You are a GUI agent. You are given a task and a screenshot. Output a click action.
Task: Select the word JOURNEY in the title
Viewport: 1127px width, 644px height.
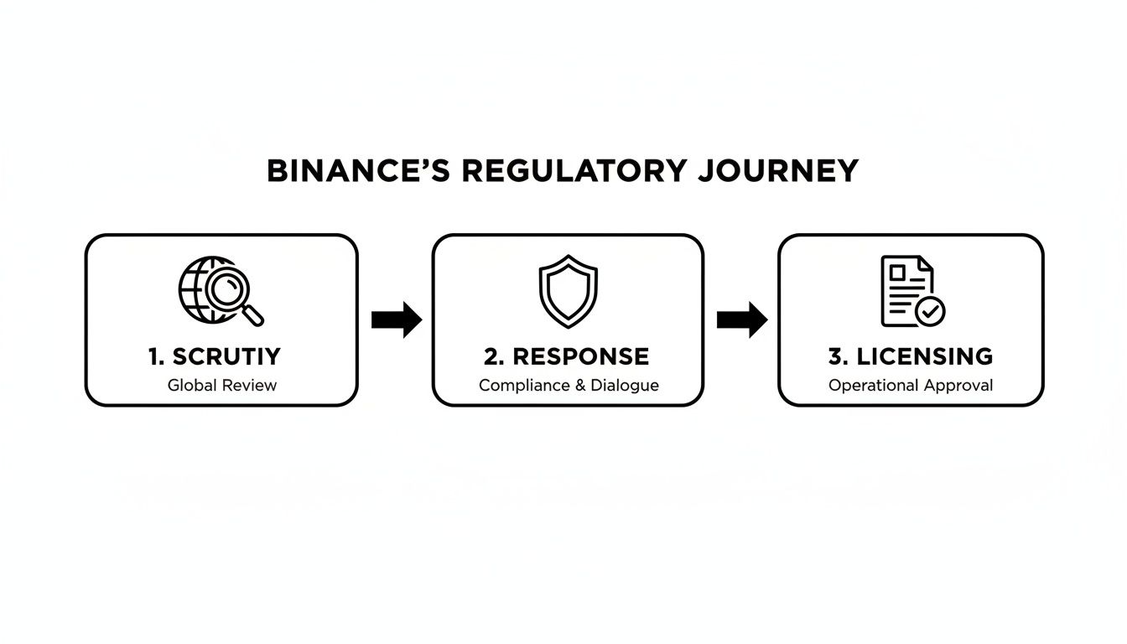click(778, 171)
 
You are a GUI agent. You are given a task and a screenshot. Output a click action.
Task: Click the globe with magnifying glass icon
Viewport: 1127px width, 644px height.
click(220, 291)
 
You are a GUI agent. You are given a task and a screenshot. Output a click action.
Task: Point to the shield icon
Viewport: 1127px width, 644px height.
click(568, 291)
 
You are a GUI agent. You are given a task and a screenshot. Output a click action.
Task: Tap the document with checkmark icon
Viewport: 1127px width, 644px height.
click(911, 291)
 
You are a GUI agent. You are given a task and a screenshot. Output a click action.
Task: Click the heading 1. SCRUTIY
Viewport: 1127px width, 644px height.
click(215, 356)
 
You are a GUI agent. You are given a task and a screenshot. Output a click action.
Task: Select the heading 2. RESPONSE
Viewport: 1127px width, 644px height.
click(566, 356)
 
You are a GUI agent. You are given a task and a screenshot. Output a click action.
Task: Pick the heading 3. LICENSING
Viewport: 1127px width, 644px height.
click(911, 356)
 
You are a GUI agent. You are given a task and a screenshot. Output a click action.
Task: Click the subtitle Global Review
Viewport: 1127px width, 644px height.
click(222, 386)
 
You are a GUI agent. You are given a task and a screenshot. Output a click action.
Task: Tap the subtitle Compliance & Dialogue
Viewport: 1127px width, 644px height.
click(569, 386)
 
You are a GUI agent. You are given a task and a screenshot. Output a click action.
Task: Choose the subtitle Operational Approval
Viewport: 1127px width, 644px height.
click(911, 386)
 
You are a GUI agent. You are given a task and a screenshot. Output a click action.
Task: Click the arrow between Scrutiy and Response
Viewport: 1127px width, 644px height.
click(396, 319)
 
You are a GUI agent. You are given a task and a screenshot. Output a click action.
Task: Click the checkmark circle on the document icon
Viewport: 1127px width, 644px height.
click(929, 311)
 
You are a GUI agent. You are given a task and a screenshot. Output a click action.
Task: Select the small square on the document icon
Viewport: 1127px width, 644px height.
click(897, 273)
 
